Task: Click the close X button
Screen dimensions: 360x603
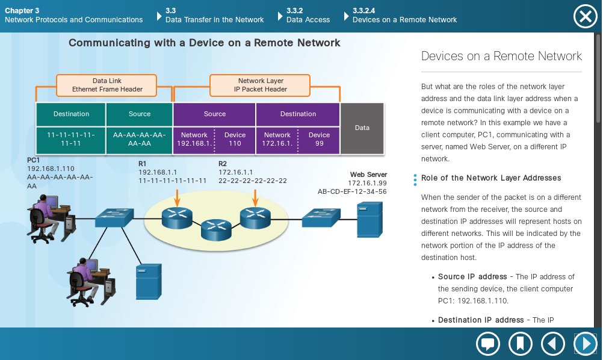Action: pos(585,16)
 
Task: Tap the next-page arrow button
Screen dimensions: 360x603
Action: pos(585,344)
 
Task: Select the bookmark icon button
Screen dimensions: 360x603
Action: pos(521,344)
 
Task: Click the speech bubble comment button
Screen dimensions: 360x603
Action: pos(488,344)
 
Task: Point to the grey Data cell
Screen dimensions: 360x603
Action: pos(362,128)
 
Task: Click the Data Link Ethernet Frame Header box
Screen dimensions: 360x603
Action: pos(107,85)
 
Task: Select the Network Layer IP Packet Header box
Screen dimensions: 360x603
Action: pos(260,85)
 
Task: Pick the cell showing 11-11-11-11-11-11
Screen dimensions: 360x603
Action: pos(71,139)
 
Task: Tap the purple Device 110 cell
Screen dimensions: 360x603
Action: pos(235,139)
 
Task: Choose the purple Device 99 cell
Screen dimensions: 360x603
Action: pos(319,139)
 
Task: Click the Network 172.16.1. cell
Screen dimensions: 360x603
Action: pos(277,139)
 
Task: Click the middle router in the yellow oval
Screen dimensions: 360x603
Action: pos(216,228)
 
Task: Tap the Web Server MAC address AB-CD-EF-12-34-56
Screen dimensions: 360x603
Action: pos(352,191)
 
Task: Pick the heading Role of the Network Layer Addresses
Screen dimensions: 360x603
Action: pos(491,178)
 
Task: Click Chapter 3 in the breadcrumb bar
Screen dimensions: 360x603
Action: pos(22,11)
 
